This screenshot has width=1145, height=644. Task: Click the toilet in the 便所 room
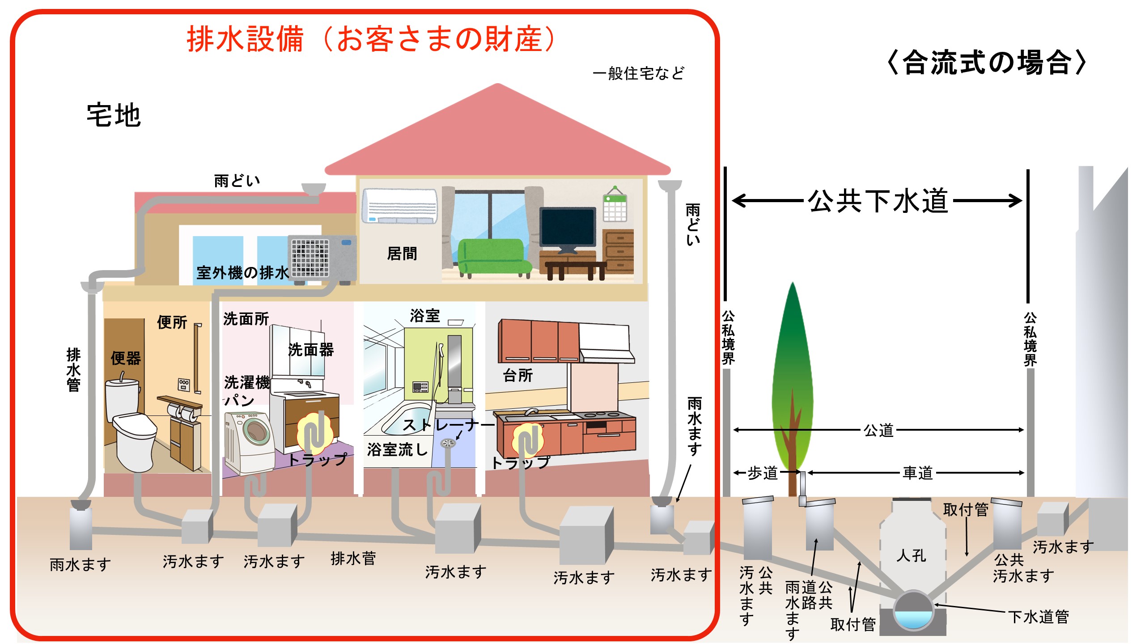[x=130, y=425]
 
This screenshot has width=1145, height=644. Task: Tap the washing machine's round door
[x=256, y=432]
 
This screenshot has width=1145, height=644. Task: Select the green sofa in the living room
[x=492, y=257]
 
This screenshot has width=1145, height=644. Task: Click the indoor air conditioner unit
[x=399, y=206]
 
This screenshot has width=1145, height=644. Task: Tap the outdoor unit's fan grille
[x=310, y=257]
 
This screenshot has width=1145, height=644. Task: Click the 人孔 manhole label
[x=911, y=555]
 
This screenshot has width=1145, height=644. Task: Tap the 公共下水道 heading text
[x=878, y=200]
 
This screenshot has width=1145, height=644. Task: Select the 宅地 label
[x=114, y=115]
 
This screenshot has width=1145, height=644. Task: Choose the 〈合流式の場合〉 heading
[x=986, y=62]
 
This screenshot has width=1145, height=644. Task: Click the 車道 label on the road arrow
[x=917, y=472]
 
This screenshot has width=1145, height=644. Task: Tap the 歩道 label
[x=763, y=472]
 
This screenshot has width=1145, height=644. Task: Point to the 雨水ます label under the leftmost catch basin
[x=81, y=564]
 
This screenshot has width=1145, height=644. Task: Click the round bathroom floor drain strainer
[x=448, y=443]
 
